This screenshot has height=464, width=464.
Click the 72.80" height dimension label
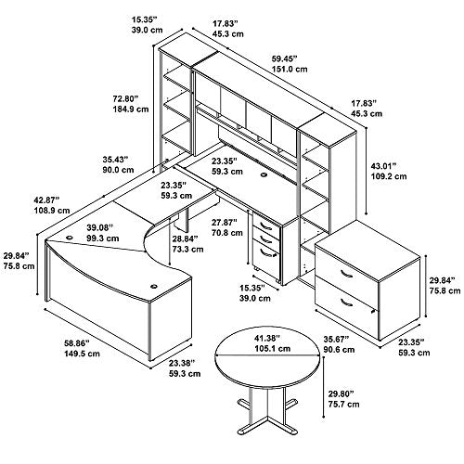[x=125, y=99]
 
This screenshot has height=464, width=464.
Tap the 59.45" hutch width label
[x=284, y=58]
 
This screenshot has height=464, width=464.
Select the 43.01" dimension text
[x=383, y=166]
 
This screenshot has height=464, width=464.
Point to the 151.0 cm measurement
[x=290, y=69]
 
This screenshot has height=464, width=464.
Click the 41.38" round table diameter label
[x=267, y=338]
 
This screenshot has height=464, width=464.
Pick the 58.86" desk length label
[x=76, y=342]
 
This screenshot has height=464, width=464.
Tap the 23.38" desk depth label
[x=182, y=363]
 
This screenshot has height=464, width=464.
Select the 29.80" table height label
[x=341, y=393]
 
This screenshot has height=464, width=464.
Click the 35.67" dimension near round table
[x=336, y=339]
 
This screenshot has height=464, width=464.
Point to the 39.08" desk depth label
[x=99, y=228]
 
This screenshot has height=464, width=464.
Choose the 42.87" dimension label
[x=46, y=200]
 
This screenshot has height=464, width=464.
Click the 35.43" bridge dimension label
[x=115, y=160]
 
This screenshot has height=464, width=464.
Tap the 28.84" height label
[x=185, y=238]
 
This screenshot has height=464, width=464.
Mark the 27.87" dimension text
[x=225, y=222]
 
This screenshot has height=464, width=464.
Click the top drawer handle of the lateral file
[x=346, y=274]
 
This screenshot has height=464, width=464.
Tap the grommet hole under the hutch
[x=264, y=175]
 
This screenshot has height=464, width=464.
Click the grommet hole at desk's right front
[x=154, y=286]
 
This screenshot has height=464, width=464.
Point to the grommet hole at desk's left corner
[x=70, y=238]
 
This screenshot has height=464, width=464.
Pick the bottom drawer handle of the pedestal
[x=266, y=253]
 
